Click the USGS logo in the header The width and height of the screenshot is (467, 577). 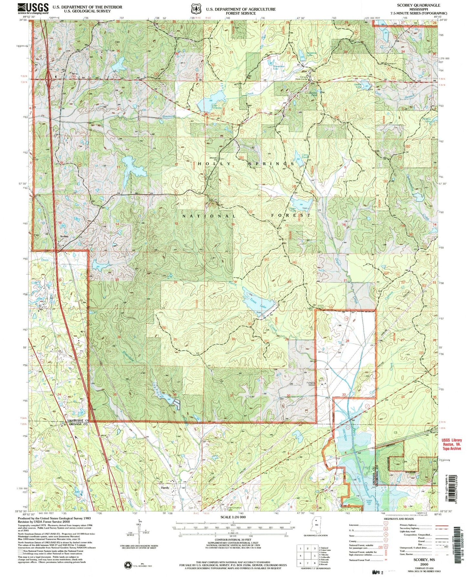[33, 8]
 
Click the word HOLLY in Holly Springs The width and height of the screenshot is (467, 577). [209, 164]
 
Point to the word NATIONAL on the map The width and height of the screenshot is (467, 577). [209, 216]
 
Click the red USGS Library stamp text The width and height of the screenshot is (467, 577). [451, 444]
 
